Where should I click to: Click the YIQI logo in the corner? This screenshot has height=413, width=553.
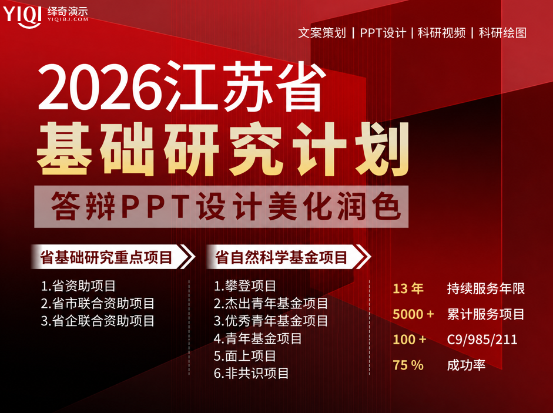point(22,16)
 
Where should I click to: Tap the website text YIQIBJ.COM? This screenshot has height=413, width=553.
point(68,19)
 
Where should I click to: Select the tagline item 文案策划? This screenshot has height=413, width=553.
point(322,33)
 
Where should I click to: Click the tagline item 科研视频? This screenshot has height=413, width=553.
point(441,33)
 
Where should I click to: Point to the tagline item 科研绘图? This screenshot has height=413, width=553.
point(502,33)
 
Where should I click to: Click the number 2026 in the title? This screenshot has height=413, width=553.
point(101,87)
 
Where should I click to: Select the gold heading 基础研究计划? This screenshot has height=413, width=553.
point(223,149)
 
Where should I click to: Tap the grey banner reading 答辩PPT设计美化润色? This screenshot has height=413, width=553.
point(222,207)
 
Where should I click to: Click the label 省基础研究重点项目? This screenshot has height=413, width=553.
point(106,257)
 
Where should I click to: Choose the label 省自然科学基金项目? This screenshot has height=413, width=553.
point(281,257)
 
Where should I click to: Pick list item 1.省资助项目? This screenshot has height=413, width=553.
point(78,286)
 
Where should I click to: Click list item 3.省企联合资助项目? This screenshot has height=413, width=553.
point(98,321)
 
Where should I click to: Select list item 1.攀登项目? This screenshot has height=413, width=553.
point(244,286)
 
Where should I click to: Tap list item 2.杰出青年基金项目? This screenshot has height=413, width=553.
point(271,303)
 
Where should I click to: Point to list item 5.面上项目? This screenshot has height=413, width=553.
point(244,356)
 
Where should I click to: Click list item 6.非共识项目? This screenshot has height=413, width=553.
point(251,373)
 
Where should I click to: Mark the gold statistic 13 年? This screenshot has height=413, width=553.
point(408,289)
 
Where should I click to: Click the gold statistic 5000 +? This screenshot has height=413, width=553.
point(413,314)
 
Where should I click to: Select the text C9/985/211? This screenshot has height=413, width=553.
point(482,340)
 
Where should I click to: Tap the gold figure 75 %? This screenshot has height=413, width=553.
point(408,365)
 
